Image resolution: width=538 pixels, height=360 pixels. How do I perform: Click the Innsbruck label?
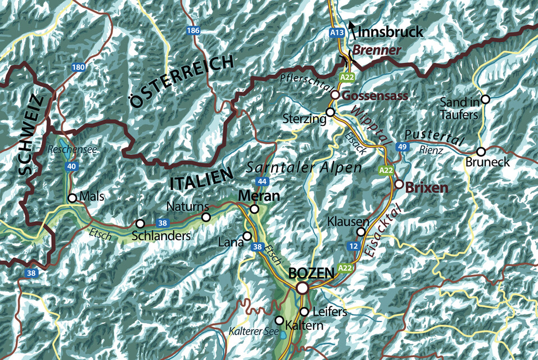tap(390, 31)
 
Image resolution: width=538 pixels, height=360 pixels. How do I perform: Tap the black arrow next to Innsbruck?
tap(352, 26)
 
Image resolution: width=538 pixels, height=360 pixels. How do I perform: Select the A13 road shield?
tap(336, 33)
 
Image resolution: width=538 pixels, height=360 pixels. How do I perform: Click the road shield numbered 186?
tap(193, 30)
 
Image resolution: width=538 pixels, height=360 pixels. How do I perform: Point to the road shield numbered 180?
tap(79, 67)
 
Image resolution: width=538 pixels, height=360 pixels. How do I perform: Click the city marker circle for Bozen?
tap(302, 288)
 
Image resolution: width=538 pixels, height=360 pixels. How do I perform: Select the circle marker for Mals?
tap(72, 198)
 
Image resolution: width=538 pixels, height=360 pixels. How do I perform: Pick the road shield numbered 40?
tap(71, 166)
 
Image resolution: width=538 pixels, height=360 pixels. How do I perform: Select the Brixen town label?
tap(427, 188)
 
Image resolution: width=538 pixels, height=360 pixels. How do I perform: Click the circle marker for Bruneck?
tap(481, 151)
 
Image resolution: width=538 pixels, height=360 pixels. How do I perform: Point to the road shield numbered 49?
tap(402, 147)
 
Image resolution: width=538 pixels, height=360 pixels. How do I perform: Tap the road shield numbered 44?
tap(261, 181)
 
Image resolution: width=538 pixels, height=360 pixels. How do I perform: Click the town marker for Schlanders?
tap(140, 223)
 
